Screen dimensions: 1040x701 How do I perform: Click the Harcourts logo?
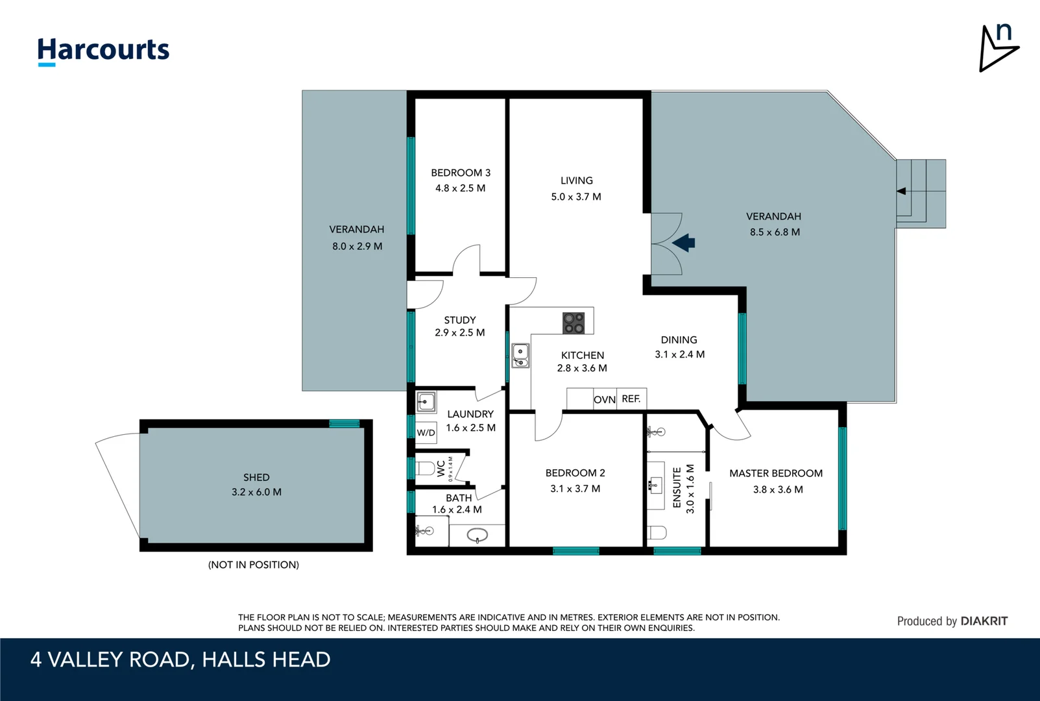[x=103, y=51]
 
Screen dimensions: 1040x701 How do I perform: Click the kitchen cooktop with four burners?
[x=574, y=323]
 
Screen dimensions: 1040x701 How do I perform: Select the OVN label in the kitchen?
[x=605, y=400]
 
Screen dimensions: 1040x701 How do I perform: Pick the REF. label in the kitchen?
[x=631, y=399]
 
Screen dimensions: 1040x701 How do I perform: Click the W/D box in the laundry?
[x=426, y=433]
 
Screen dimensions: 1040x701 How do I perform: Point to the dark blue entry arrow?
[x=683, y=243]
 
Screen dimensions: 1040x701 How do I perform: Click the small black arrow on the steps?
[x=901, y=191]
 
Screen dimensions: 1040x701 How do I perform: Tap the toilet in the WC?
[x=426, y=468]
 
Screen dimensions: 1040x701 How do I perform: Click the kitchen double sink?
[x=520, y=356]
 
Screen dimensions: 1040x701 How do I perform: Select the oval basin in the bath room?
[x=477, y=535]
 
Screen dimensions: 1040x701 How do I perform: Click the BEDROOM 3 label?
[x=461, y=173]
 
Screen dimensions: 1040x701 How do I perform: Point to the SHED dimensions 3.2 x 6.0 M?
[x=256, y=492]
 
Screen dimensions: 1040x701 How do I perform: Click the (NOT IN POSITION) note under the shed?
[x=254, y=565]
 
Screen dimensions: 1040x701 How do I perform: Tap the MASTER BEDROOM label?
[x=776, y=473]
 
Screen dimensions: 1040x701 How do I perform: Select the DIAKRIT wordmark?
[x=984, y=621]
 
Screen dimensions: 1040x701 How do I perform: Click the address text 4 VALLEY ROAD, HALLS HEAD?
[x=180, y=659]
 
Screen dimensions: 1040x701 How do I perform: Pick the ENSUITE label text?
[x=677, y=487]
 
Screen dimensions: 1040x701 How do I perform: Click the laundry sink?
[x=426, y=402]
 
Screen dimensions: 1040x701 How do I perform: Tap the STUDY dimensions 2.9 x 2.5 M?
[x=459, y=332]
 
